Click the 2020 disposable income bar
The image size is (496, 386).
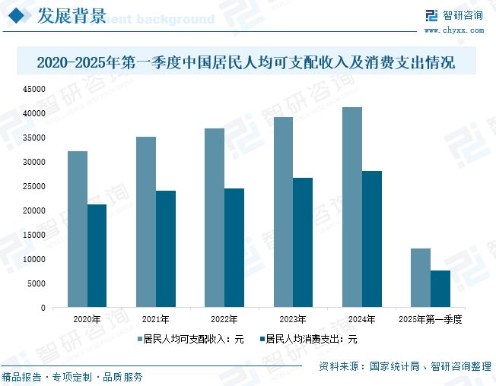pos(77,229)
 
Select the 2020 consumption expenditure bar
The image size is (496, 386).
pos(97,256)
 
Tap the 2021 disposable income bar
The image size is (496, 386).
pos(145,222)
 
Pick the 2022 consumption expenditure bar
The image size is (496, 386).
pos(234,248)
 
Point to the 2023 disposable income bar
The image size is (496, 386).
pos(283,212)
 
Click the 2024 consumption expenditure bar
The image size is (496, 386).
pos(372,239)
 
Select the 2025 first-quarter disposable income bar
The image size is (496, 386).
pos(421,278)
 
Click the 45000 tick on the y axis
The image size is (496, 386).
pos(35,89)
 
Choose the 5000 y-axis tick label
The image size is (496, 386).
pos(37,283)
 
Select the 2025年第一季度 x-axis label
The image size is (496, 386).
pos(431,319)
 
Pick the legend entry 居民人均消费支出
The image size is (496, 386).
pos(307,340)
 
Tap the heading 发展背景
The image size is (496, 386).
pos(72,17)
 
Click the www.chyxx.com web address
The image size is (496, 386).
pos(453,30)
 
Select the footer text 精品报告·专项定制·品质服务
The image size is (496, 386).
pos(72,376)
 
